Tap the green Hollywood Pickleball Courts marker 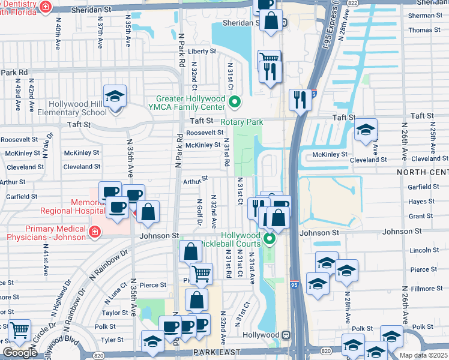[x=270, y=240]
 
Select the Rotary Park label [x=242, y=122]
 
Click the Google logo [x=19, y=353]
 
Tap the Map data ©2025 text [x=423, y=355]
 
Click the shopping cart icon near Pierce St [x=201, y=274]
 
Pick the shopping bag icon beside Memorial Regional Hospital [x=148, y=211]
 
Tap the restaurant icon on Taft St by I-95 [x=300, y=99]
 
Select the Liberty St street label [x=200, y=52]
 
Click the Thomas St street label [x=424, y=30]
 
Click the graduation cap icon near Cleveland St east [x=366, y=130]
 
